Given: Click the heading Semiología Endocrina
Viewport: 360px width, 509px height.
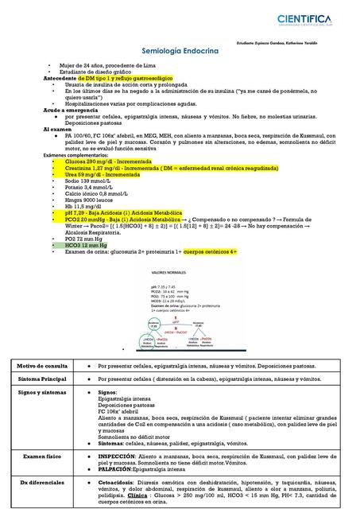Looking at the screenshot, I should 179,51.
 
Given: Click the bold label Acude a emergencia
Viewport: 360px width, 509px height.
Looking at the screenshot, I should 72,108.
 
